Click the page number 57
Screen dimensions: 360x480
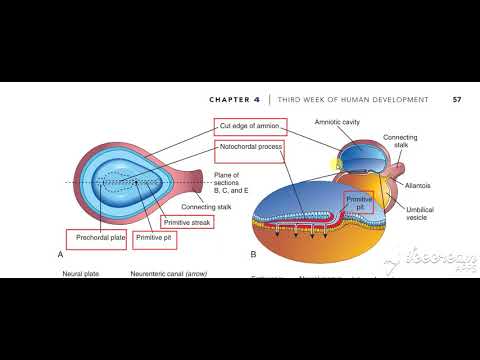coord(456,100)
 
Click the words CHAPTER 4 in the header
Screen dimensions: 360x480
coord(236,100)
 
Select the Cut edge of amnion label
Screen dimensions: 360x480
coord(250,126)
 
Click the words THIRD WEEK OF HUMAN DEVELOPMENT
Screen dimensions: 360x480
coord(357,100)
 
